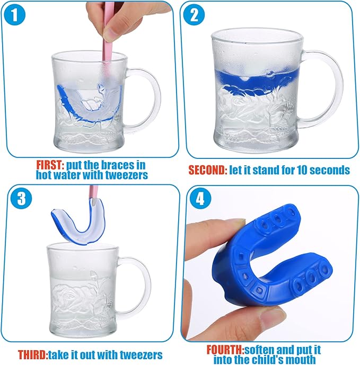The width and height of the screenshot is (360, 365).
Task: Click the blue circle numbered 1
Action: pos(14,14)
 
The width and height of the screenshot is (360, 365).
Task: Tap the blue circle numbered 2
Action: pos(194,14)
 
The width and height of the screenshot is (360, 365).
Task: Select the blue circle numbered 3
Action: pos(21,198)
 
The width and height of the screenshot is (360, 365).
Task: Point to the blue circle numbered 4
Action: pos(200,198)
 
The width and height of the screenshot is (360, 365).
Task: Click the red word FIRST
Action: pos(50,165)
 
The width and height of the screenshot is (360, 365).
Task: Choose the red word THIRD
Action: pos(33,355)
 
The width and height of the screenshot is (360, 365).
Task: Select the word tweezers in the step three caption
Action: pos(141,355)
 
